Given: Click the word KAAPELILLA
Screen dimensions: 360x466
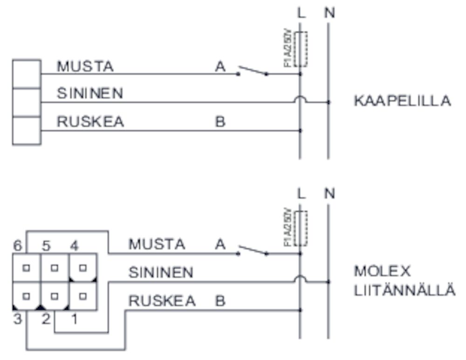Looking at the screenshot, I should coord(402,101).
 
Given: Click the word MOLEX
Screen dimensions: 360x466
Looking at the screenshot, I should coord(382,271).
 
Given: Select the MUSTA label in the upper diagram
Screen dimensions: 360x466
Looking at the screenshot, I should coord(85,66).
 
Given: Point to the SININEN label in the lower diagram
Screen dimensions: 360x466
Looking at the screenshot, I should coord(160,272).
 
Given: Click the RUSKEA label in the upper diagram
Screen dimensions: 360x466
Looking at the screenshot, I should coord(90,122).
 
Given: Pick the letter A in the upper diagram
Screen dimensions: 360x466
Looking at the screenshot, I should coord(220,67).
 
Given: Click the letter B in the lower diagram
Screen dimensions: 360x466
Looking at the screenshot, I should coord(220,301).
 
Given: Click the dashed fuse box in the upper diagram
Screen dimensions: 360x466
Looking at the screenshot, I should coord(301,49).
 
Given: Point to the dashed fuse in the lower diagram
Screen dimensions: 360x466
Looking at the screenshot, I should coord(301,228).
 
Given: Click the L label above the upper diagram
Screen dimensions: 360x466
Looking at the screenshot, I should coord(302,13).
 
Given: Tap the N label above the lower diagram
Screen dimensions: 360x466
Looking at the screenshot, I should coord(329,193).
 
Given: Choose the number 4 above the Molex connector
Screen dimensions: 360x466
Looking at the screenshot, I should coord(74,245).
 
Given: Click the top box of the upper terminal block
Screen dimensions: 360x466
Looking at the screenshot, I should coord(27,73).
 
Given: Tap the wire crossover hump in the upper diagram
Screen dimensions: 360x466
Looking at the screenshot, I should coord(300,100).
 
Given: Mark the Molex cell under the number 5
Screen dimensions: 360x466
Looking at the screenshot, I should coord(55,268).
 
